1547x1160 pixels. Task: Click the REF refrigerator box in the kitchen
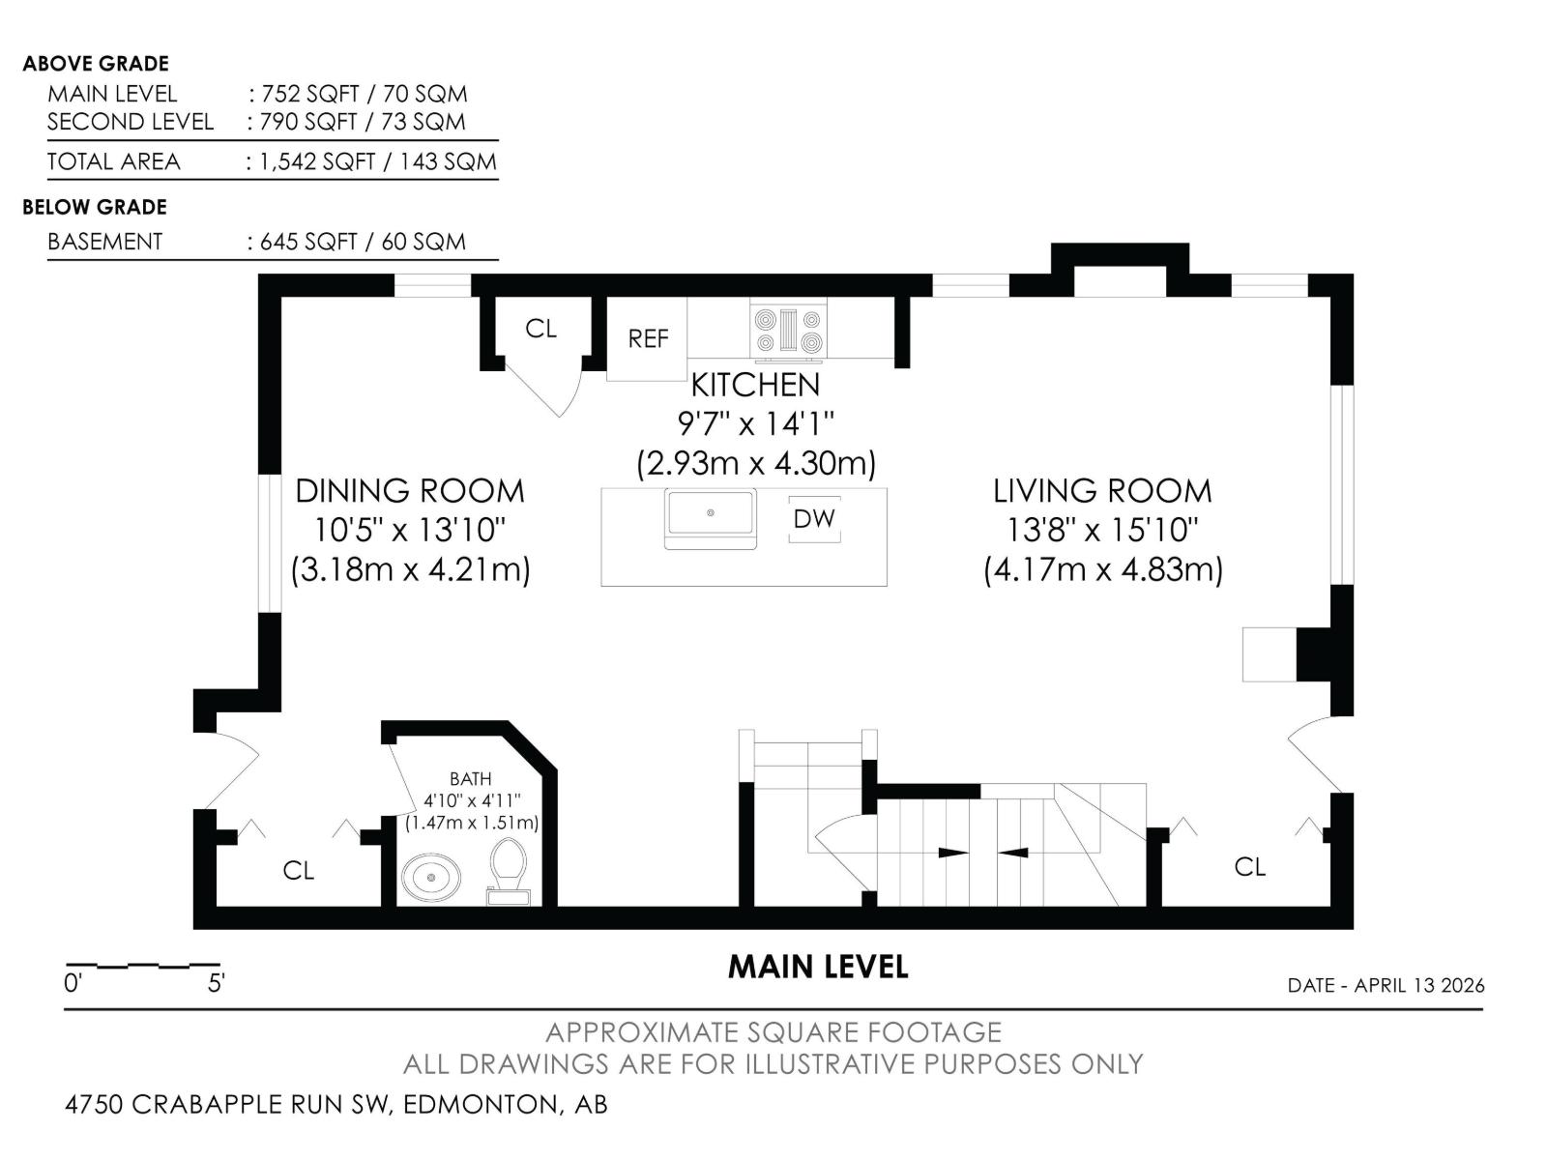647,338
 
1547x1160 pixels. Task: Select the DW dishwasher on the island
814,519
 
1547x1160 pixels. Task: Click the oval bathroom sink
430,878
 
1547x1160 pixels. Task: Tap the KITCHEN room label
755,385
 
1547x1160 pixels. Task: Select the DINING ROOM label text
410,491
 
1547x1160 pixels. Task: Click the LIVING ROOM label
1102,491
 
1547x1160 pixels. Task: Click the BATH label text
471,779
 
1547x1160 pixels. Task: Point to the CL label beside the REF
540,329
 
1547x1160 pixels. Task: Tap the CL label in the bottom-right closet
1249,867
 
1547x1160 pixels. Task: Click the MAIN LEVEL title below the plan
818,967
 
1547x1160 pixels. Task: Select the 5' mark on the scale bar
216,984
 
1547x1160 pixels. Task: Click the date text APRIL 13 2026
1418,985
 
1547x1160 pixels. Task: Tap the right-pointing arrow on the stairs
953,853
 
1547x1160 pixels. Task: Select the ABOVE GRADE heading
96,64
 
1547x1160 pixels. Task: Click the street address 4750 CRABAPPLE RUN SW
228,1104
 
